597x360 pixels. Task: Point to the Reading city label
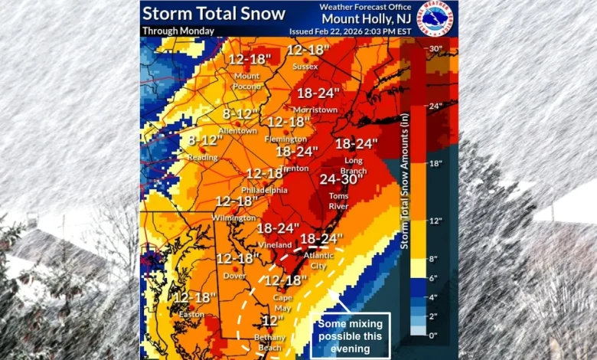pos(202,157)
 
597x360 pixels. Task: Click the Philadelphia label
pos(264,189)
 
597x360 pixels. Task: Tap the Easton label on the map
pos(191,314)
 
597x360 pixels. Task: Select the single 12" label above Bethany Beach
pos(273,320)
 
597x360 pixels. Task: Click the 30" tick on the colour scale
pos(436,49)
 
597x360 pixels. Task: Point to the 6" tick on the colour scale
pos(434,278)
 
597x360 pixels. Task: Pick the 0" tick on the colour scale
pos(434,335)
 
